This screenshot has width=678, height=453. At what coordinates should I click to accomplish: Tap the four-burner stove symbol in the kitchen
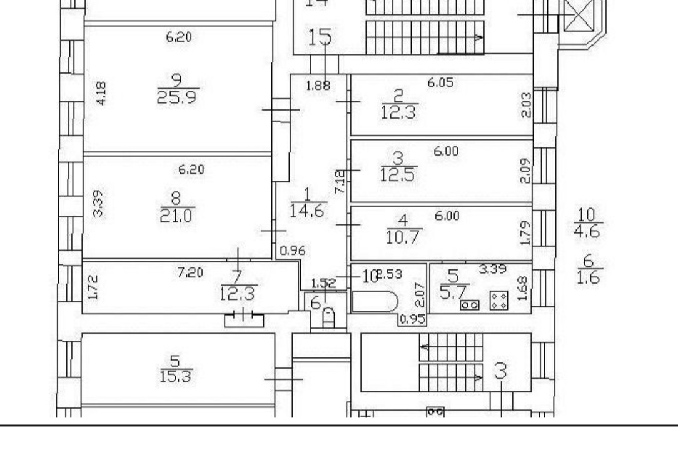[498, 300]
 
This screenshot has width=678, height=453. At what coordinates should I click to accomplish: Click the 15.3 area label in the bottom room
[175, 377]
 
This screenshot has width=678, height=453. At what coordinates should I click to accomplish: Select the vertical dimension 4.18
[99, 97]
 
